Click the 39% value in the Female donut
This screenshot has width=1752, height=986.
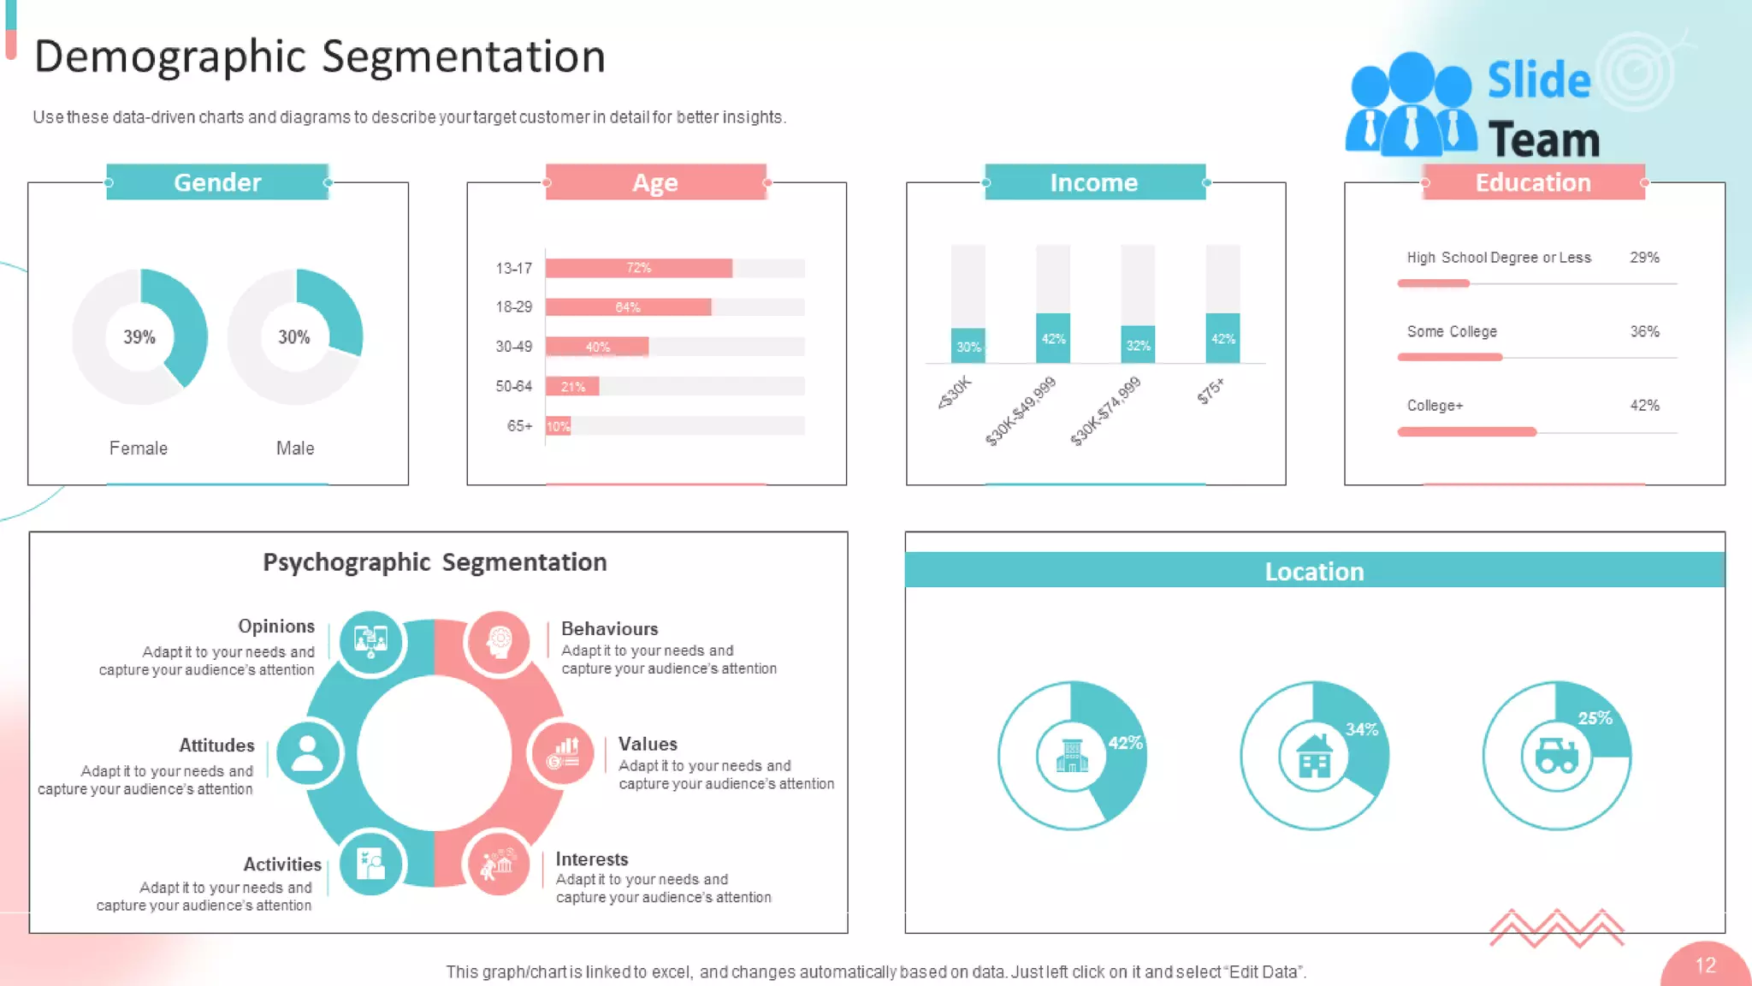click(139, 337)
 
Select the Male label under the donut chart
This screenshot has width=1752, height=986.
click(295, 448)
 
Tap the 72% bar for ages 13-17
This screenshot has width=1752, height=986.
click(638, 268)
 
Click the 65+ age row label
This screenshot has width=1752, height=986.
click(519, 426)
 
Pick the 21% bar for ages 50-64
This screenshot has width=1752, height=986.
click(572, 387)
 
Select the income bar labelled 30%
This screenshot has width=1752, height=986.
click(968, 346)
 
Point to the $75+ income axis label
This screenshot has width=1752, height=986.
click(1210, 391)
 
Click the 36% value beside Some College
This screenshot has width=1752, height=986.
click(1644, 331)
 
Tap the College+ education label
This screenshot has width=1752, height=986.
click(1435, 406)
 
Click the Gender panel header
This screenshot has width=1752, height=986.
click(217, 182)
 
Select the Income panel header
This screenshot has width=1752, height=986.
click(1094, 182)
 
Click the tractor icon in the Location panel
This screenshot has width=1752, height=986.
click(1556, 756)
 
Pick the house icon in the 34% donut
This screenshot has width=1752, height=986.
click(1314, 756)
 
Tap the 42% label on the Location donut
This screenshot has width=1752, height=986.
click(1125, 743)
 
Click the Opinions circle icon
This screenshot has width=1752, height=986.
click(370, 640)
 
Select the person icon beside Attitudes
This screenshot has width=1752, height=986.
click(307, 753)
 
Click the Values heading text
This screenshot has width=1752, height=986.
click(648, 744)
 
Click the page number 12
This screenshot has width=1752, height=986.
click(1705, 965)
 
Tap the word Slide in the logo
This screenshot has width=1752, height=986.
click(1538, 80)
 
